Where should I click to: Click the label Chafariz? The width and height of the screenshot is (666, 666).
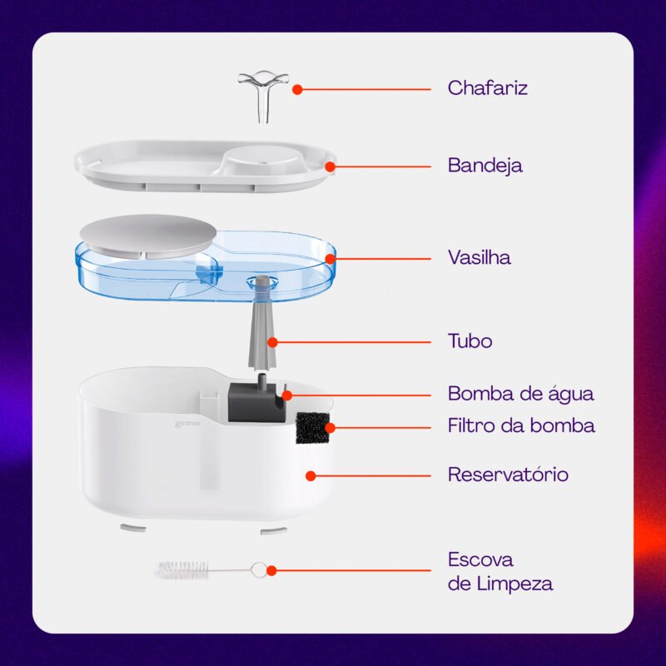coord(487,88)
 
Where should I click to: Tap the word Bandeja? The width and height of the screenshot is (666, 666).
coord(485,165)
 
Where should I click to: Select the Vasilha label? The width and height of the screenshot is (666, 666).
coord(480,257)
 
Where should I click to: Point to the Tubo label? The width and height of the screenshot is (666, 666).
coord(470,341)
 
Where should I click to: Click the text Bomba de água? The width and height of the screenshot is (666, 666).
coord(521,393)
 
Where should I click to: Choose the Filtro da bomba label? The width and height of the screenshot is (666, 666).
coord(521,425)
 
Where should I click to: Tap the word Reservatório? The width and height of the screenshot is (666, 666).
coord(508,474)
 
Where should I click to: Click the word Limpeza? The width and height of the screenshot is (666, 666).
coord(514,584)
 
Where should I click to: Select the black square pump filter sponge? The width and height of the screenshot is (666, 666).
coord(312,427)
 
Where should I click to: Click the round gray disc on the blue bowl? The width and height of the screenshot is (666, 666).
coord(148,236)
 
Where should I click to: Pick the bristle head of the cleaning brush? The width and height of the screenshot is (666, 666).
coord(181,570)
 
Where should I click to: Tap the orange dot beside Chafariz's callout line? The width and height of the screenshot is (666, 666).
coord(297,90)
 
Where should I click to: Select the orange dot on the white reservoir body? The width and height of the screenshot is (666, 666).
coord(311,475)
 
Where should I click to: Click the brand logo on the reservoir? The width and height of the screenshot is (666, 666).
coord(187,424)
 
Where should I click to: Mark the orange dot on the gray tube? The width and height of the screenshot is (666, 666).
coord(272,342)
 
